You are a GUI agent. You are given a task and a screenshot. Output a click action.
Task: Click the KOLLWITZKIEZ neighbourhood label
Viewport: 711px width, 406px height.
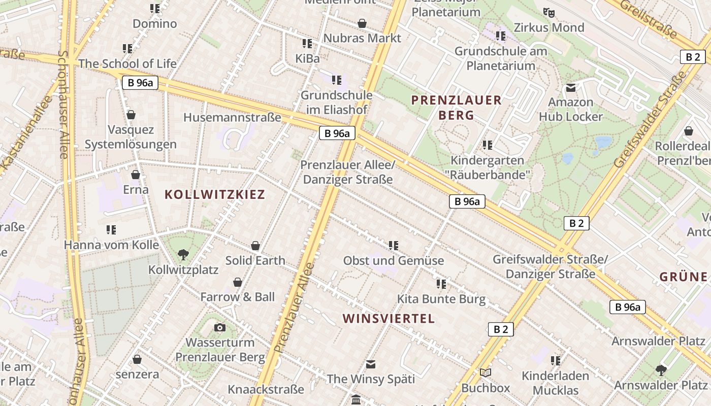click(x=215, y=194)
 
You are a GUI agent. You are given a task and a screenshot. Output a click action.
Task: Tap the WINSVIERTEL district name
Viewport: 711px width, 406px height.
click(x=389, y=319)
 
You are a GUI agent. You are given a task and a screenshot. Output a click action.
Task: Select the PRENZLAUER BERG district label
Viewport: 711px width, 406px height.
click(x=457, y=108)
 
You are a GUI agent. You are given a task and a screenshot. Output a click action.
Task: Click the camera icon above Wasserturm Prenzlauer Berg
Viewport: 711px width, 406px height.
click(x=220, y=328)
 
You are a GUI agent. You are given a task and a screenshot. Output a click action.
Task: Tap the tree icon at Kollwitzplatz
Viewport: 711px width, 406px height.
click(x=183, y=254)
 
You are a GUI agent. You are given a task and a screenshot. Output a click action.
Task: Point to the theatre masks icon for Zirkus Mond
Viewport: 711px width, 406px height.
click(x=548, y=12)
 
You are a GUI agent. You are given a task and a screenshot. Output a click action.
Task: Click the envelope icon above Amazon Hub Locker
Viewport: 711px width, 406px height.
click(x=571, y=88)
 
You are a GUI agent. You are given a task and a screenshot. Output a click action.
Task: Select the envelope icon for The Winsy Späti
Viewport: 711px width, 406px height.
click(x=371, y=364)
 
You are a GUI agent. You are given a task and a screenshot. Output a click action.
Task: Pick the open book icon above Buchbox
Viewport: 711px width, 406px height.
click(x=486, y=373)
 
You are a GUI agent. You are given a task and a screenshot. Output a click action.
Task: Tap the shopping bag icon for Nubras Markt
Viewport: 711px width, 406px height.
click(x=362, y=23)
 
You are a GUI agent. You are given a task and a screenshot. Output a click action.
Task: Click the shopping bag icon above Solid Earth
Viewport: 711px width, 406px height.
click(x=255, y=246)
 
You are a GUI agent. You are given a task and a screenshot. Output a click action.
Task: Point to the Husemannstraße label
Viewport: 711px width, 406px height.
click(x=232, y=118)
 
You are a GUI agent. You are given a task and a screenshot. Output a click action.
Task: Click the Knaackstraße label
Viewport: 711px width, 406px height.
click(x=266, y=390)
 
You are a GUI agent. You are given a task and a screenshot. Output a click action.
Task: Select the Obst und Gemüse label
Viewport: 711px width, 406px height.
click(x=394, y=261)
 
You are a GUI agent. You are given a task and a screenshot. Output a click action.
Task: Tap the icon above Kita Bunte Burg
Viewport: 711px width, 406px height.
click(x=441, y=284)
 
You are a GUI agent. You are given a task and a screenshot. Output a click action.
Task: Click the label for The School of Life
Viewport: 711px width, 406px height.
click(x=127, y=64)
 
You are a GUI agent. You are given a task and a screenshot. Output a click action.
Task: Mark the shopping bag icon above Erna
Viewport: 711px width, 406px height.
click(x=136, y=175)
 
